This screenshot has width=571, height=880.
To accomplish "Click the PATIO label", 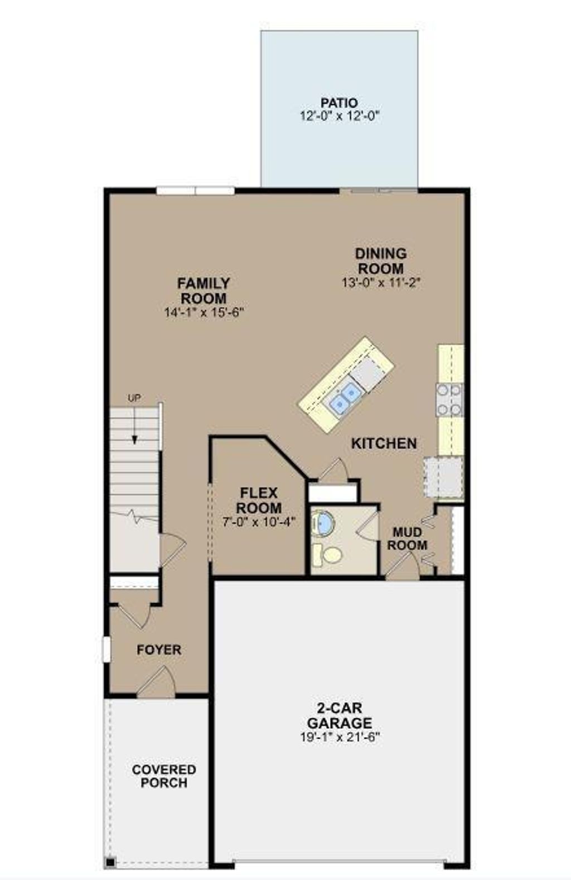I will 339,103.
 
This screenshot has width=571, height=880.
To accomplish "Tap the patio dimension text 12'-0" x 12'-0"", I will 339,117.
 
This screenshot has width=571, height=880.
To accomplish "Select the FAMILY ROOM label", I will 204,291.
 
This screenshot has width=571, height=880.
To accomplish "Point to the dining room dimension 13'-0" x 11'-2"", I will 381,283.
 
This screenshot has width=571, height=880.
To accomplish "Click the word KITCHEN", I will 384,444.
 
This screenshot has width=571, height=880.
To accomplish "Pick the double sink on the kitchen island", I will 344,397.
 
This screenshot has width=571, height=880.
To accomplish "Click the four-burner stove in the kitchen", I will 449,400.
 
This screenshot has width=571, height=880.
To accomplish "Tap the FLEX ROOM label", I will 259,501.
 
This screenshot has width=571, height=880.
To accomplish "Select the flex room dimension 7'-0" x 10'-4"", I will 259,522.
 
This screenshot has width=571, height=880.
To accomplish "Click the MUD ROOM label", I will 408,539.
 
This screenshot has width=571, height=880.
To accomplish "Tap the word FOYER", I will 159,650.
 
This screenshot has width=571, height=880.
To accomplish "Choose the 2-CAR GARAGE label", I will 339,716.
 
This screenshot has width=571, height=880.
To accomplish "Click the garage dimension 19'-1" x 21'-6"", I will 339,737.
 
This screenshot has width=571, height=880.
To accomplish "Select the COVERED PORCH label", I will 164,776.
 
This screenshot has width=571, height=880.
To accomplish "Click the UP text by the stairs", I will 134,398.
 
